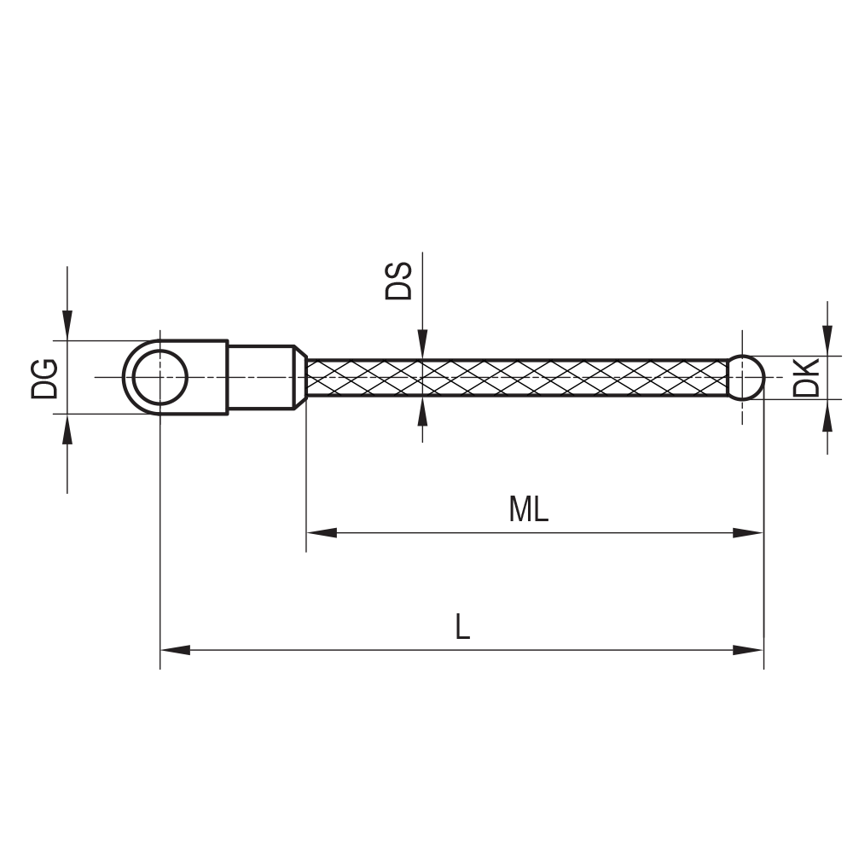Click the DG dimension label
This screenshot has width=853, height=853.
click(x=44, y=378)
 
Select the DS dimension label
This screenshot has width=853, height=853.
click(x=399, y=280)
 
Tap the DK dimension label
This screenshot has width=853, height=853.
click(x=806, y=378)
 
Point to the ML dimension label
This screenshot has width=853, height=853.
click(x=528, y=510)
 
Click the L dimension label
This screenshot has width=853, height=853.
click(x=461, y=628)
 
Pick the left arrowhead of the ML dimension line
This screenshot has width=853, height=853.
click(x=321, y=532)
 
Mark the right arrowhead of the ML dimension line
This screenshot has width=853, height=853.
click(x=748, y=532)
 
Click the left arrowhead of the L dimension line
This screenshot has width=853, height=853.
click(x=175, y=650)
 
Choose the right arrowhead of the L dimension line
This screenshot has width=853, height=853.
click(x=748, y=650)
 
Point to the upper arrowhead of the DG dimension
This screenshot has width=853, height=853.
click(x=67, y=325)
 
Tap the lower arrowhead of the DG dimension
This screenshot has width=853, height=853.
click(x=67, y=430)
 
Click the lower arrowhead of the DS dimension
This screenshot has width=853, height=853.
click(x=422, y=411)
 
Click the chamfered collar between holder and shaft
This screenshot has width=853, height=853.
click(x=300, y=377)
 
